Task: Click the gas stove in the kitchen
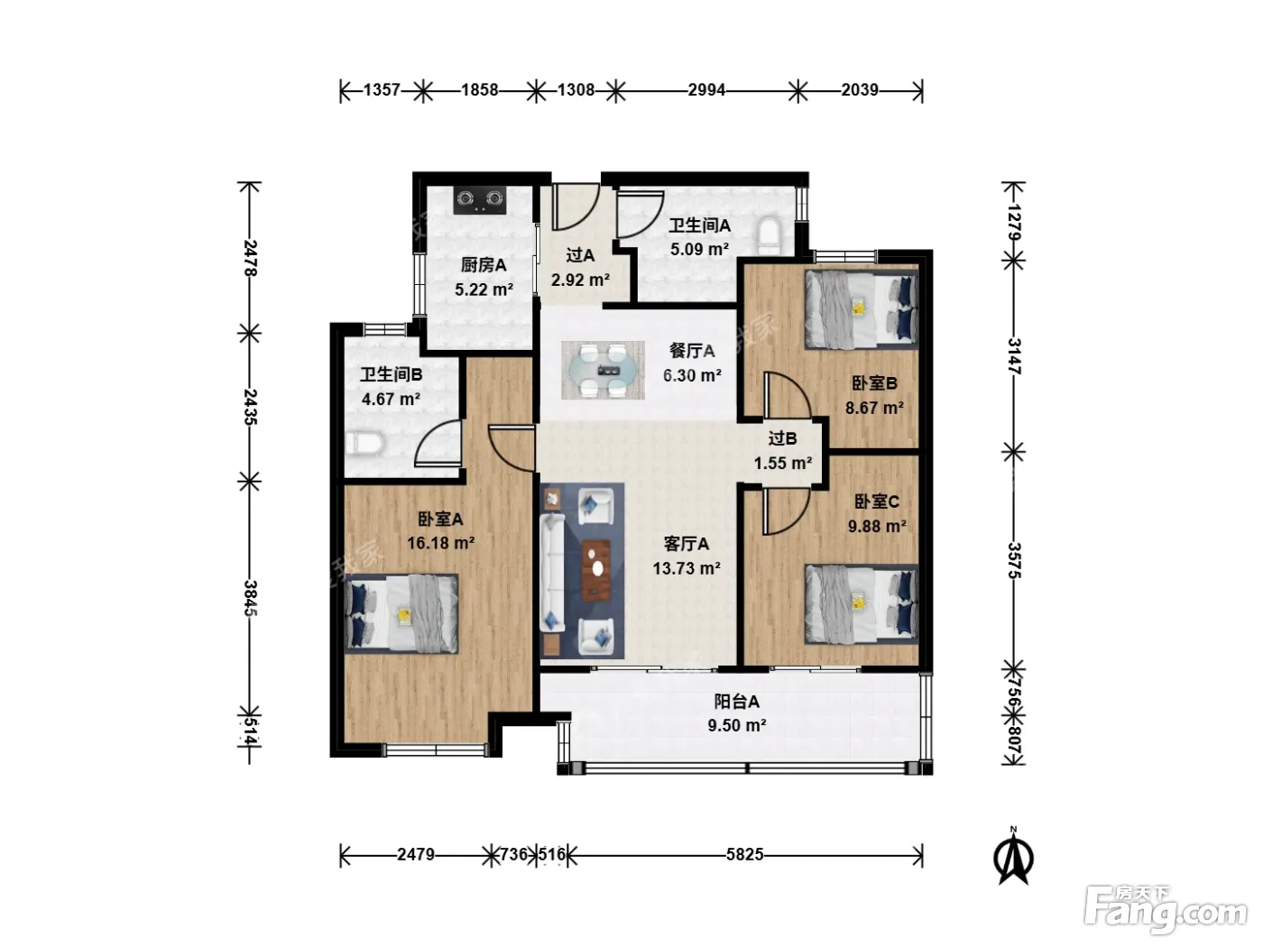point(479,199)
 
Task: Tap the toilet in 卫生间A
point(768,234)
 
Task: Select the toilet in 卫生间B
point(364,444)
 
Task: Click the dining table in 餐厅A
point(603,370)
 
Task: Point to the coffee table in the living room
point(595,569)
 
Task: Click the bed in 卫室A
point(401,613)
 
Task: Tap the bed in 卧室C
point(861,603)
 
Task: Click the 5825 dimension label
point(744,854)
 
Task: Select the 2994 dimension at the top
point(706,90)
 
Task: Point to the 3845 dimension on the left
point(250,597)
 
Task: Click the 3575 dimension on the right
point(1013,560)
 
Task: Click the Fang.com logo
point(1166,910)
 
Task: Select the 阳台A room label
point(736,702)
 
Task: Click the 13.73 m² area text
point(687,569)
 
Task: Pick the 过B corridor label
point(782,438)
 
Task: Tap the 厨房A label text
point(484,265)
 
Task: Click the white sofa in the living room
point(552,574)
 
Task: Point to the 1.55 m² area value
point(783,463)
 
